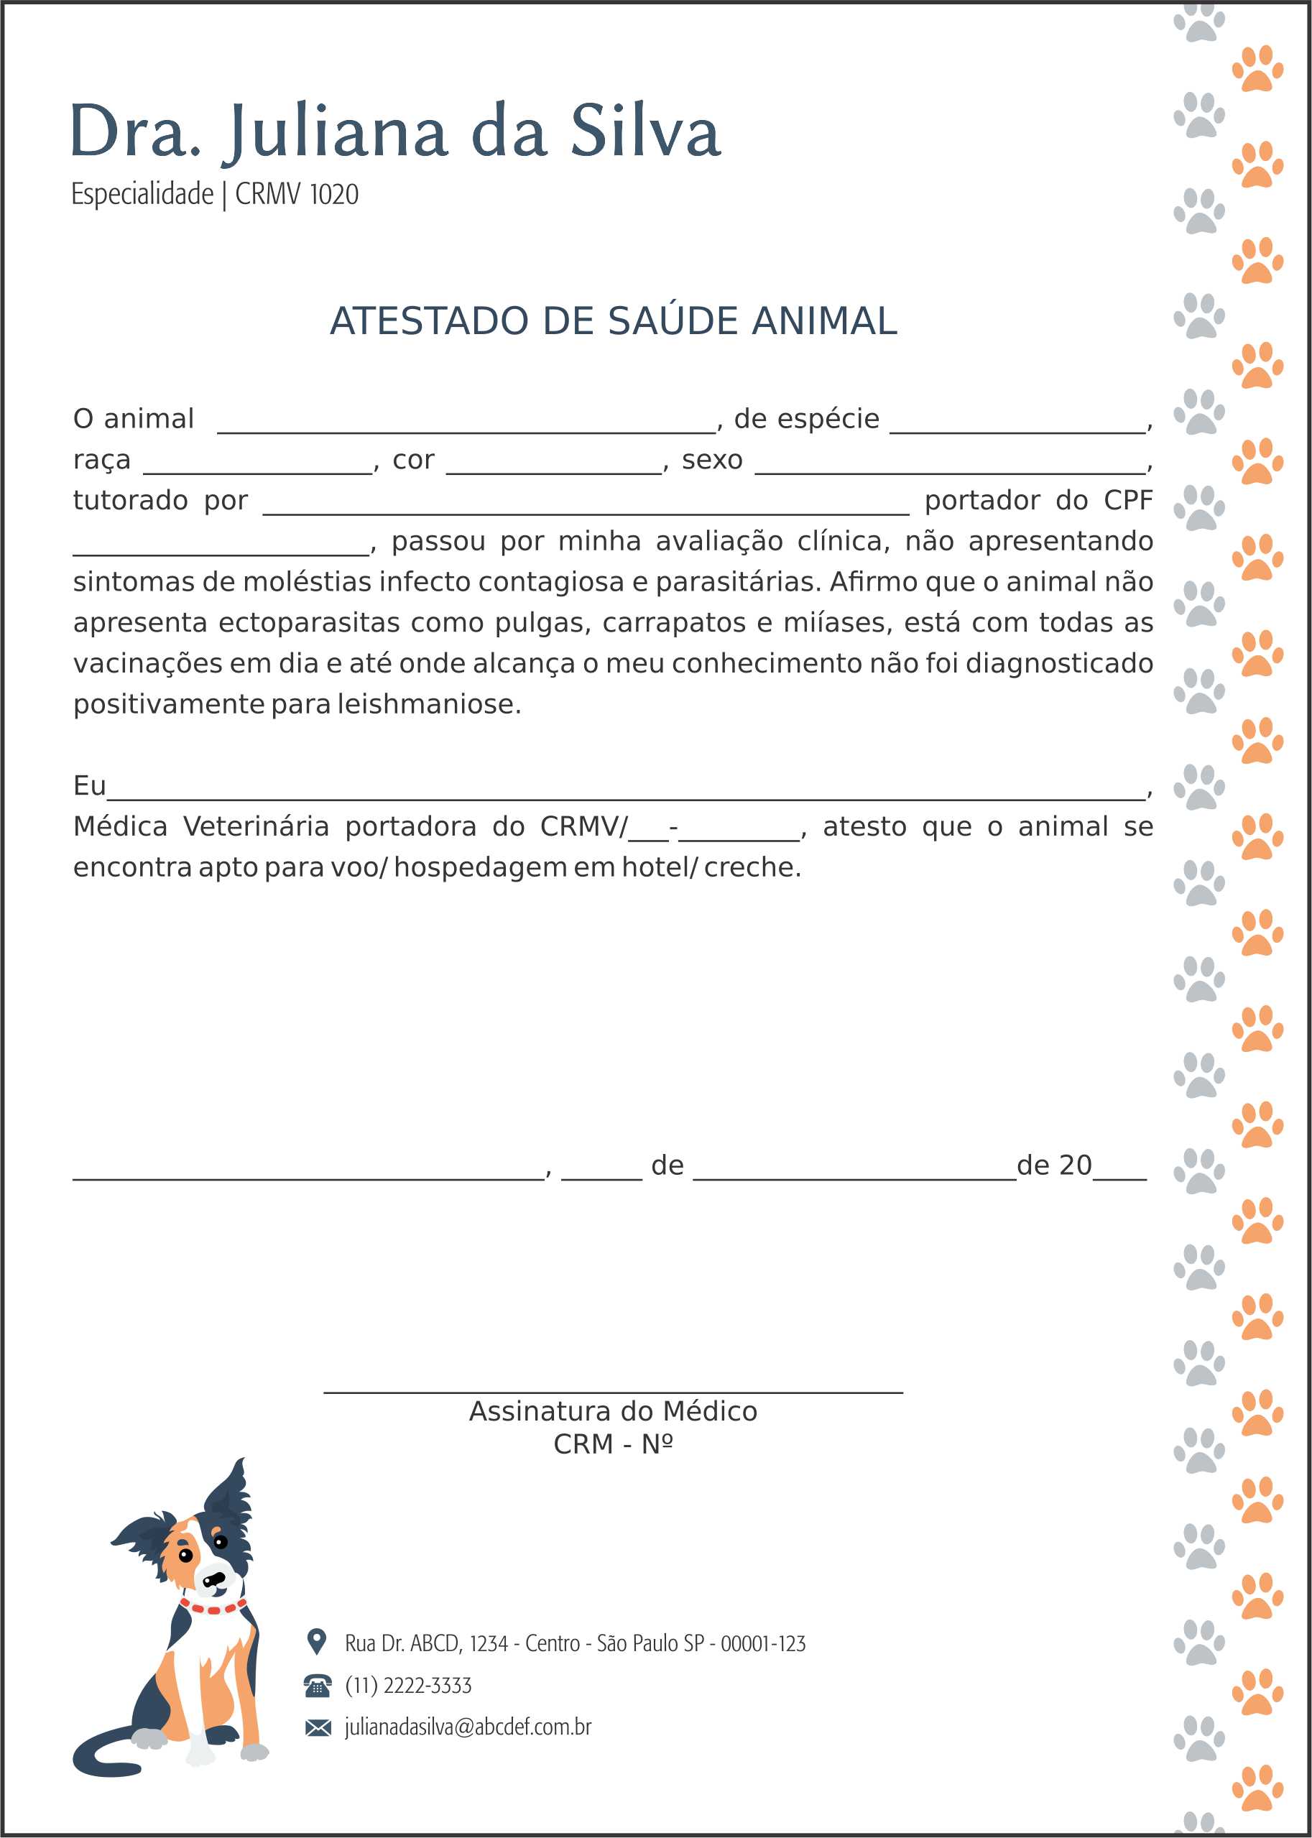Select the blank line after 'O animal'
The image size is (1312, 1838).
(x=466, y=429)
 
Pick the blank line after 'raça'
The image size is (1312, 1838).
(x=258, y=469)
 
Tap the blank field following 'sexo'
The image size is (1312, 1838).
(x=950, y=469)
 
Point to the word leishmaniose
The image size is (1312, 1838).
(x=428, y=704)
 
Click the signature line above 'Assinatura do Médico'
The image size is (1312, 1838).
(x=612, y=1391)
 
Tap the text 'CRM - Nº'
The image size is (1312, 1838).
(x=612, y=1444)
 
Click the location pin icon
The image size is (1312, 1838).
(x=317, y=1641)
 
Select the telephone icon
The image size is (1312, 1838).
(x=318, y=1685)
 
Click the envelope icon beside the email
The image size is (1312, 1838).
(x=318, y=1727)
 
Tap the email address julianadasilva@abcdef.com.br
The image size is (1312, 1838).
(x=468, y=1727)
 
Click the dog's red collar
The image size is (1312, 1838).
(x=213, y=1608)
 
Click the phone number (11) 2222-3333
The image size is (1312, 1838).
(x=408, y=1685)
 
